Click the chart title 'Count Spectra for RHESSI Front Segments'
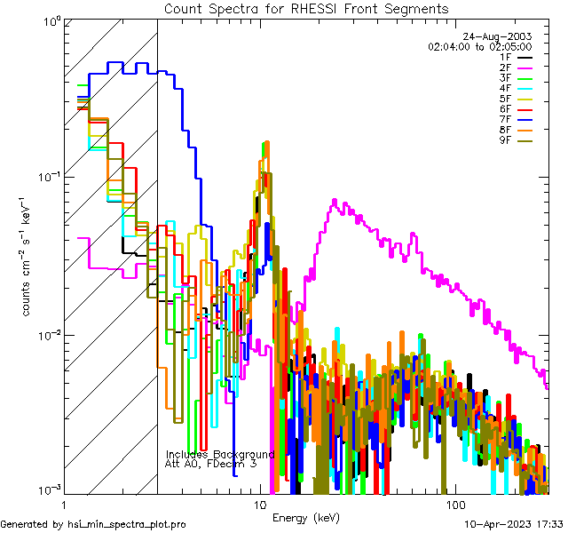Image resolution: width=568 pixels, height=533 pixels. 306,8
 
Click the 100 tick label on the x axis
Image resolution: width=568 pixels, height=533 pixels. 454,505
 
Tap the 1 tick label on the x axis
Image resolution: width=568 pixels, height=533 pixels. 59,505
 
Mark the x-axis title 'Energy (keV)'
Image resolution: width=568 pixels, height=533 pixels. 305,517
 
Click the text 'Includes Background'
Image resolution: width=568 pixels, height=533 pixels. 219,454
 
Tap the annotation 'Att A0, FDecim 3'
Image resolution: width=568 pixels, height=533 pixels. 211,464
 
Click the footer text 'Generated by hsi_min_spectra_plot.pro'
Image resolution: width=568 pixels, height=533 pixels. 93,524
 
